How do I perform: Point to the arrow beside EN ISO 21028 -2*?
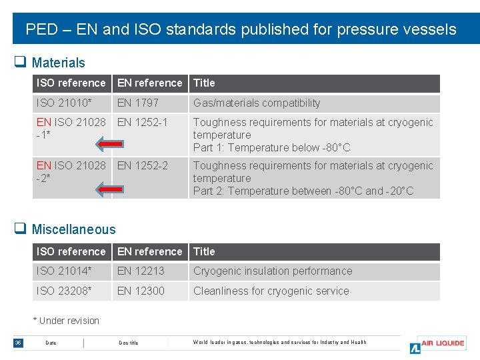[109, 190]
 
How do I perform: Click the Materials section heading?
[58, 63]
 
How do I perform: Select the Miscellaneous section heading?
[73, 229]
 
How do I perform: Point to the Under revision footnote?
[66, 321]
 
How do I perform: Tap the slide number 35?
[18, 343]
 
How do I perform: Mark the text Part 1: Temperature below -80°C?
[271, 147]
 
